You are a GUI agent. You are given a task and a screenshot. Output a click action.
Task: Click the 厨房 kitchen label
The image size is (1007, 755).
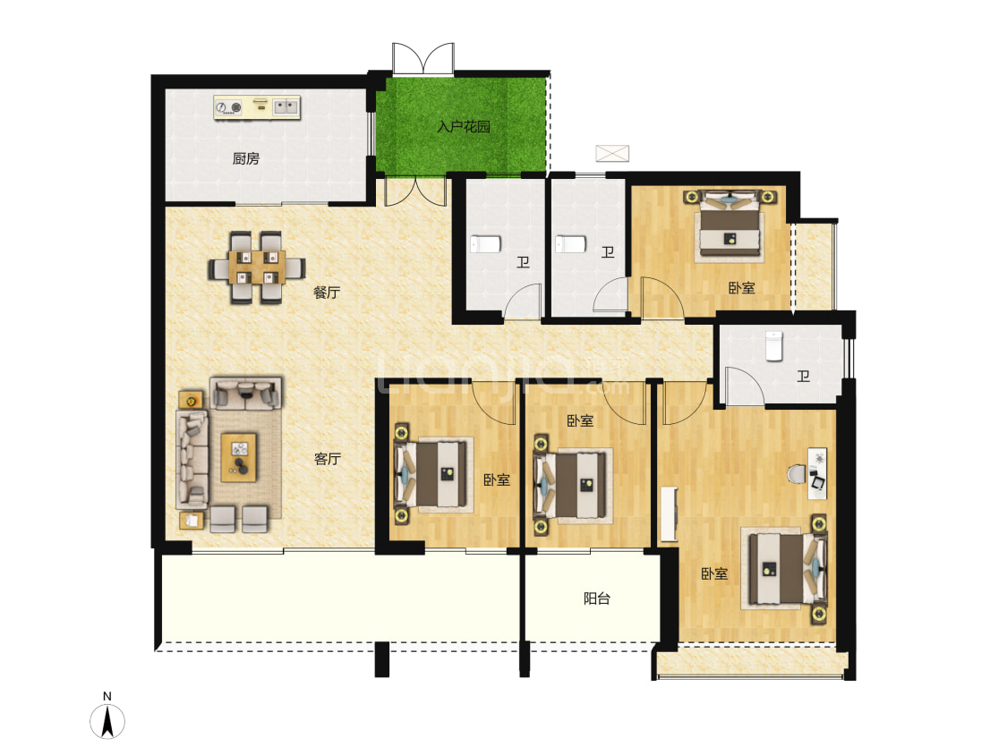[246, 158]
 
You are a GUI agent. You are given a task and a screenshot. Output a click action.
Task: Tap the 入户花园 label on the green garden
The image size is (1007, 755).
[464, 126]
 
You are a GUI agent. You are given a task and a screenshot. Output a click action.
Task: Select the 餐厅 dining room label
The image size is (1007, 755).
[326, 293]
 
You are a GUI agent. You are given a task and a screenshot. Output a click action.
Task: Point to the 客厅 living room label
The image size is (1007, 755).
[327, 458]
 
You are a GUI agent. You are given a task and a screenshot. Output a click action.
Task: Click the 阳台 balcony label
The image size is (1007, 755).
[597, 598]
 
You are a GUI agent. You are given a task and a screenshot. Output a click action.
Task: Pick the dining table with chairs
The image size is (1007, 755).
[256, 267]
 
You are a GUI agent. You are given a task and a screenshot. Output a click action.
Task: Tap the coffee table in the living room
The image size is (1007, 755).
[239, 457]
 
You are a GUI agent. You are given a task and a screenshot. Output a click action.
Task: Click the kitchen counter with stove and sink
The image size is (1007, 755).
[257, 107]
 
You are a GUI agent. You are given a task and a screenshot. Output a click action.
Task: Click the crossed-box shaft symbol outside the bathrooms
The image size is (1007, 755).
[612, 154]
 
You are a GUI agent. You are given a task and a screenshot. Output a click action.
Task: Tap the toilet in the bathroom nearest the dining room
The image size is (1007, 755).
[485, 244]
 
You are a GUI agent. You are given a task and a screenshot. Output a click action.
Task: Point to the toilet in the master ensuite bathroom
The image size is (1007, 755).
[774, 345]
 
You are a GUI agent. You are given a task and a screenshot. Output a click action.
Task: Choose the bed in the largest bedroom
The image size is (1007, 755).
[784, 568]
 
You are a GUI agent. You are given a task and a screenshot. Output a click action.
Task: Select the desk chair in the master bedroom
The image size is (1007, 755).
[797, 474]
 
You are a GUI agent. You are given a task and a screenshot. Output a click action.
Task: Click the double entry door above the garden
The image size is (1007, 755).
[423, 58]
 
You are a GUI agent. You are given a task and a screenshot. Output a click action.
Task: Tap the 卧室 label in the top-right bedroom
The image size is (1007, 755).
[742, 288]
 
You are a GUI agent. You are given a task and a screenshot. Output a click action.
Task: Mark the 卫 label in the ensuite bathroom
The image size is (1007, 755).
[804, 377]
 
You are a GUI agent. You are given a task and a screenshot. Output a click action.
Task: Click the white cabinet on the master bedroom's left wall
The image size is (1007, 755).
[669, 514]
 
